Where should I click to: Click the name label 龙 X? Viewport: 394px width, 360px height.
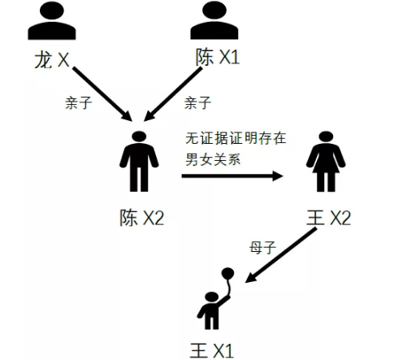point(52,59)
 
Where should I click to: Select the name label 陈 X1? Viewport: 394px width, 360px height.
point(218,57)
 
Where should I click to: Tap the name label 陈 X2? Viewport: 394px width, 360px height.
point(142,217)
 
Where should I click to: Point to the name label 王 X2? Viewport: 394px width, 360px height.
point(329,217)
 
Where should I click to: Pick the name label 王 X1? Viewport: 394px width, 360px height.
point(212,350)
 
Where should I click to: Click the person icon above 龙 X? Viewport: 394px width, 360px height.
point(52,20)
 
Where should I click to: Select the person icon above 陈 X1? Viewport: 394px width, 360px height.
point(214,20)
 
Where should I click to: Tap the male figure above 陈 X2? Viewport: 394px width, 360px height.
point(139,162)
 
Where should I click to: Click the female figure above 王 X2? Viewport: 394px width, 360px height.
point(326,162)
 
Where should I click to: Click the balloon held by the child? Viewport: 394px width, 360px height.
point(227,273)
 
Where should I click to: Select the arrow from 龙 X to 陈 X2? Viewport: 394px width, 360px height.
point(102,94)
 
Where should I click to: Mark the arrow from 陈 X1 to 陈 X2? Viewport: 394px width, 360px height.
point(173,94)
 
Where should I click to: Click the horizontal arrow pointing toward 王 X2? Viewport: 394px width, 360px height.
point(232,176)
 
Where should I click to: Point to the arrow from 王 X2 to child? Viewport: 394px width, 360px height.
point(281,255)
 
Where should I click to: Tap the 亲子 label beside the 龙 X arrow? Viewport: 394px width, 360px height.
point(79,103)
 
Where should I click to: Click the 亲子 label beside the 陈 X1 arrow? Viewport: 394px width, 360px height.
point(197,103)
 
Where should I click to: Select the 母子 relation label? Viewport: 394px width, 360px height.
point(262,247)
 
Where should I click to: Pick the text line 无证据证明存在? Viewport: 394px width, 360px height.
point(236,138)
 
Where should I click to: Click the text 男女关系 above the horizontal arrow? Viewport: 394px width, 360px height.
point(213,159)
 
